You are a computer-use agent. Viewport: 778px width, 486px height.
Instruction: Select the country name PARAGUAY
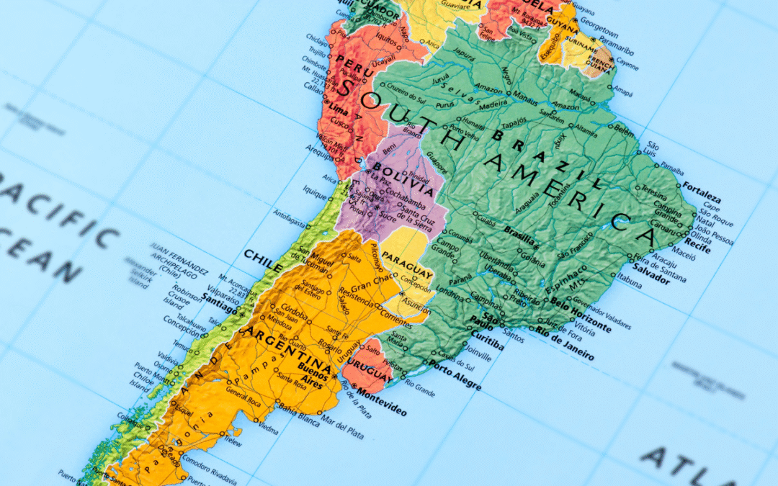[407, 266]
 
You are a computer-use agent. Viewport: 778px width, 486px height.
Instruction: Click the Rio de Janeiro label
[565, 344]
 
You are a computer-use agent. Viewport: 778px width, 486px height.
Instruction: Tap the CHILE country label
[263, 260]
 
